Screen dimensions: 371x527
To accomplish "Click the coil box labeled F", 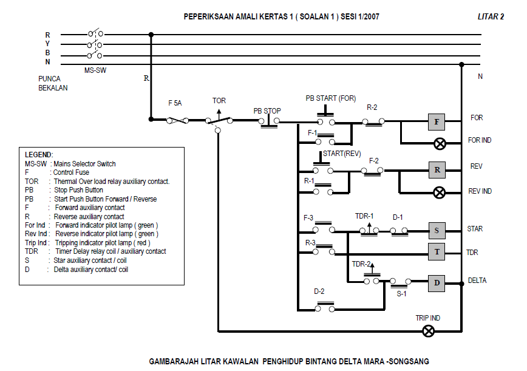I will coord(437,122).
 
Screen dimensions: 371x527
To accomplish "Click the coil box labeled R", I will coord(437,169).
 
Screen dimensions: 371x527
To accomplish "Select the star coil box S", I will coord(437,230).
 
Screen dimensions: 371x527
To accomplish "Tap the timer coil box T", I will coord(437,251).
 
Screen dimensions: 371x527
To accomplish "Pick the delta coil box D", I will coord(437,283).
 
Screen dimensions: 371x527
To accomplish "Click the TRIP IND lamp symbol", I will coord(429,331).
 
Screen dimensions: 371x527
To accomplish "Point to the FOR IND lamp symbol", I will coord(440,144).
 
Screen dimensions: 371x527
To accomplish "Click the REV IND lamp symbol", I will coord(440,192).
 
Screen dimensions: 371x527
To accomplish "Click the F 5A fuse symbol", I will coord(177,120).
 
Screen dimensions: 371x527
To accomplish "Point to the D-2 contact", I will coord(324,308).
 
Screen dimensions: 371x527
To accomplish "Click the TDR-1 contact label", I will coord(364,216).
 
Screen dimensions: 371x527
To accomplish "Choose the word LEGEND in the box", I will coord(39,155).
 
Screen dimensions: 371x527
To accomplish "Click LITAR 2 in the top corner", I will coord(491,17).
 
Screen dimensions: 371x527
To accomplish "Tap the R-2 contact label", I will coord(372,107).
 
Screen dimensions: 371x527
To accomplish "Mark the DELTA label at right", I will coord(477,281).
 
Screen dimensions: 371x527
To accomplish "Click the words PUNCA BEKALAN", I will coord(53,83).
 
